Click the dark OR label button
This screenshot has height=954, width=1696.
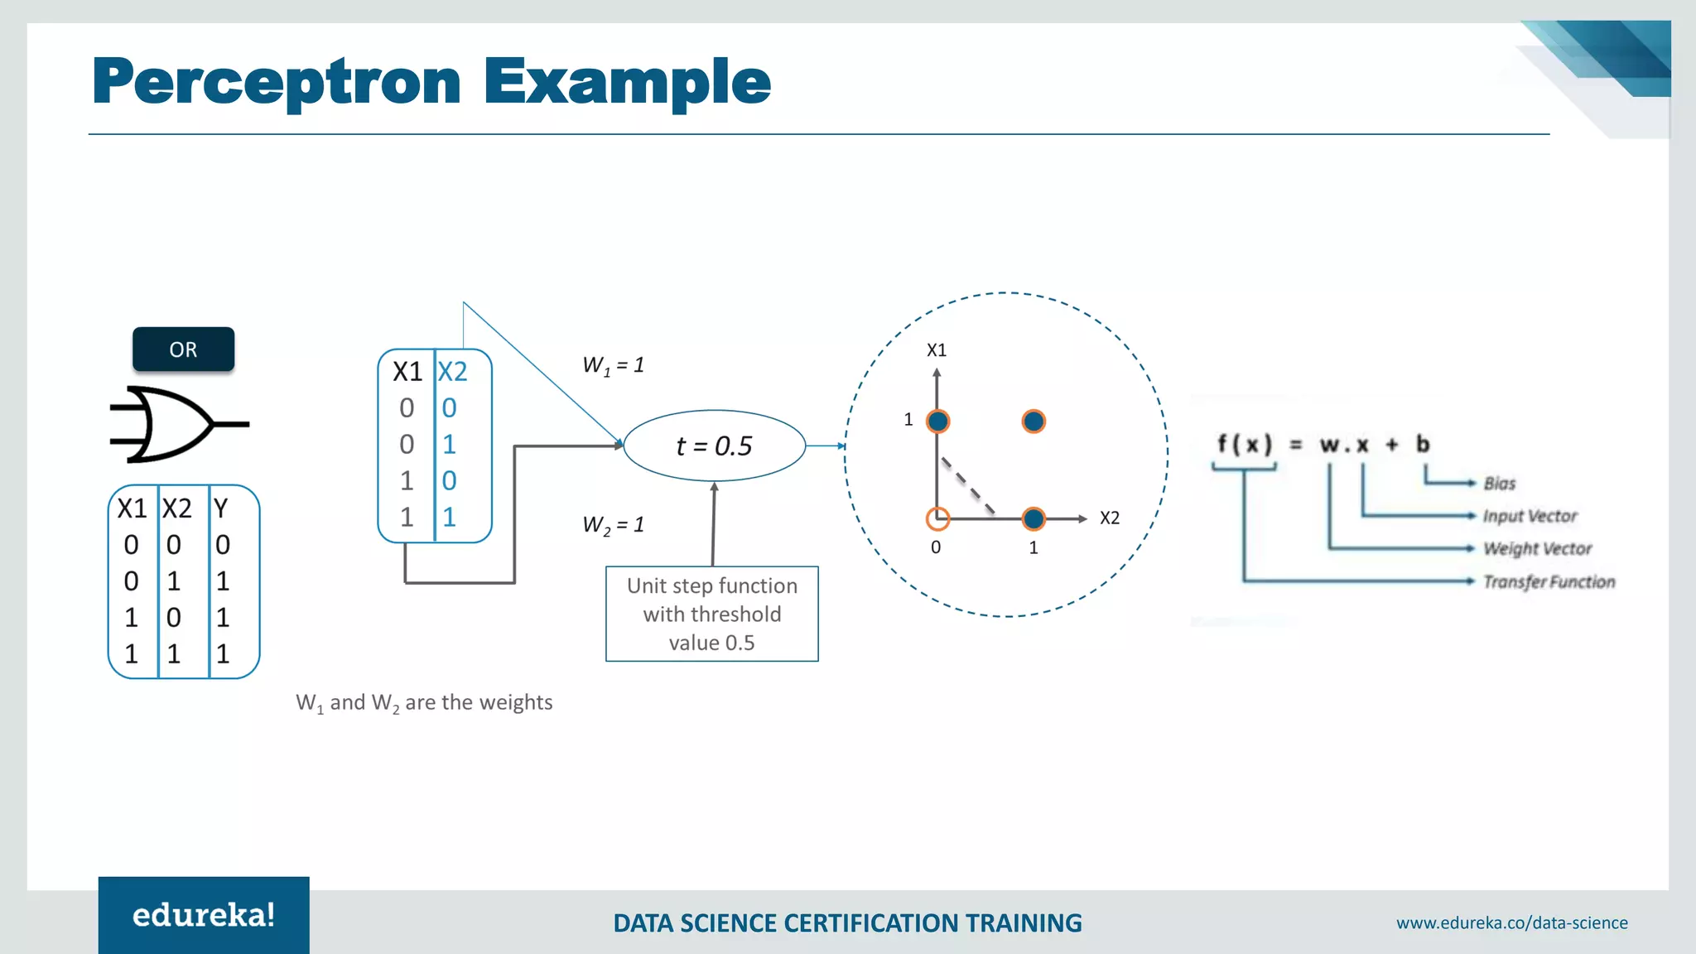coord(183,349)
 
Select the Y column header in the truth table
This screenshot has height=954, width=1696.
coord(220,508)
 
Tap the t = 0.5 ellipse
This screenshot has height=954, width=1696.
coord(714,446)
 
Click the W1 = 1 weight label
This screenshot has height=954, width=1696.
coord(613,365)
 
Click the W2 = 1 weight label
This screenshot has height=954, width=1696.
coord(613,525)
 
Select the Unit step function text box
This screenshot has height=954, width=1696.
coord(711,614)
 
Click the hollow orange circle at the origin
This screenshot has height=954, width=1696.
coord(937,519)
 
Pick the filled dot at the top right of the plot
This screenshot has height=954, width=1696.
coord(1033,422)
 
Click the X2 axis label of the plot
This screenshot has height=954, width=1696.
coord(1109,518)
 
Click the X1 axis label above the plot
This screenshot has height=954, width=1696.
coord(936,350)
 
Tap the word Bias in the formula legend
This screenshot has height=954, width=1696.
coord(1499,484)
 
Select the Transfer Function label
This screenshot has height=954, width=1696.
coord(1548,582)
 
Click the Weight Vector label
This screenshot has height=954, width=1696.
coord(1537,549)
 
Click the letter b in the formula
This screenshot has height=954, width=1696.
coord(1422,445)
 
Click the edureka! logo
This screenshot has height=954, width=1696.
coord(204,915)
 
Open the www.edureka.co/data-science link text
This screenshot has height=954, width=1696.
coord(1511,923)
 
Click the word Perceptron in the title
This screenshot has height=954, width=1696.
coord(277,82)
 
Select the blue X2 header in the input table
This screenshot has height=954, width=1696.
coord(452,372)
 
